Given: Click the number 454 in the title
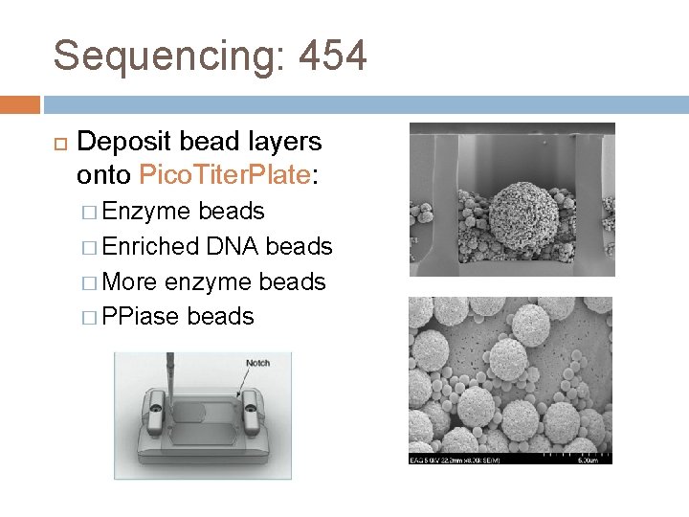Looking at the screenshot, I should [332, 56].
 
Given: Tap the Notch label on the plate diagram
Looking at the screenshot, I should [258, 363].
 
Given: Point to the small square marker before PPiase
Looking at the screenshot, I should [88, 317].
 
